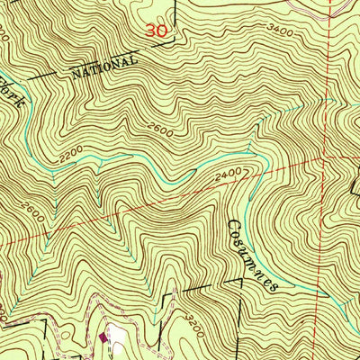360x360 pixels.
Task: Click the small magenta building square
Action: click(x=103, y=338)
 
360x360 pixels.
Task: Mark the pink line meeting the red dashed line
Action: click(x=325, y=7)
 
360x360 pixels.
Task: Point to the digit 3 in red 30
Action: click(x=151, y=30)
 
